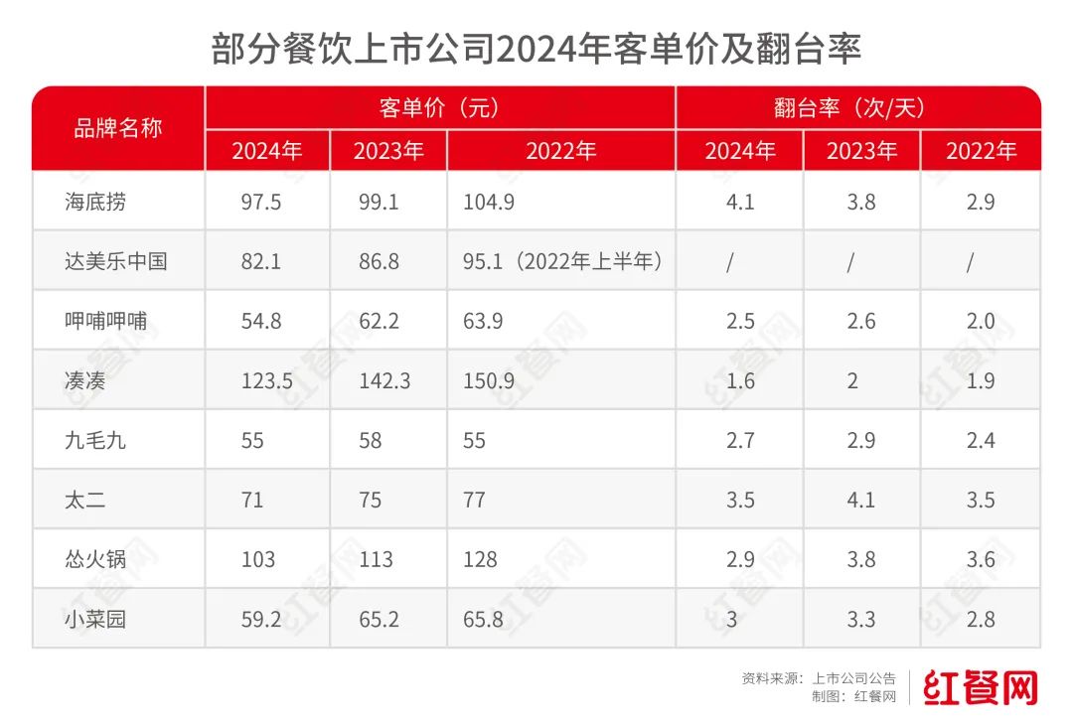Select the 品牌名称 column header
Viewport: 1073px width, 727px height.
coord(118,128)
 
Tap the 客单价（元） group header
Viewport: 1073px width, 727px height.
coord(440,107)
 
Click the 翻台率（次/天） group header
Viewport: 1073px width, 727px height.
coord(857,107)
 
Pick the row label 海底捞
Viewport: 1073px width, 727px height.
coord(94,202)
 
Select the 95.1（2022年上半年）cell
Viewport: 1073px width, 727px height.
coord(562,261)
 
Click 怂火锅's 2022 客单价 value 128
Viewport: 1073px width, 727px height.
coord(480,559)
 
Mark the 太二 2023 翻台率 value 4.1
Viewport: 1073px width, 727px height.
coord(860,500)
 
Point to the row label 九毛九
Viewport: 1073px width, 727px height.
coord(94,440)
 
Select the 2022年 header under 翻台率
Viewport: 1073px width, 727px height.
coord(981,151)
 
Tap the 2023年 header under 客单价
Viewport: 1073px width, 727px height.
coord(387,151)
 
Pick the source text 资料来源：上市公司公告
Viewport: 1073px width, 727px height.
coord(819,678)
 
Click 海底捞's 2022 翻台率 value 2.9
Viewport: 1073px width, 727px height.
coord(981,202)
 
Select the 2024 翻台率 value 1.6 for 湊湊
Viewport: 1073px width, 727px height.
coord(740,380)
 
